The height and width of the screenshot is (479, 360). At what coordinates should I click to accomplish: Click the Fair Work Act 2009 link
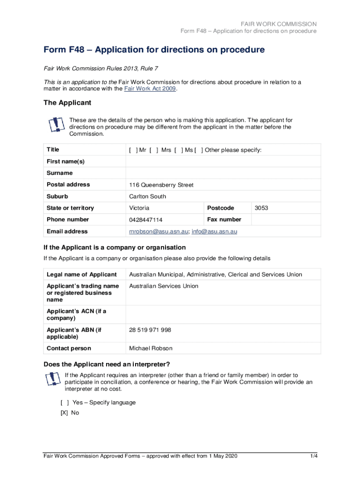click(x=150, y=89)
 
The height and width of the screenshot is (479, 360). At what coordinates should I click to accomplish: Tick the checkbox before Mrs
click(x=154, y=150)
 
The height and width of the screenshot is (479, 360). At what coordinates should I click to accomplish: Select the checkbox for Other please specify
click(x=199, y=150)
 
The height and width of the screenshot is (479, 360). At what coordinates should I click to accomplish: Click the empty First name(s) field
click(x=223, y=161)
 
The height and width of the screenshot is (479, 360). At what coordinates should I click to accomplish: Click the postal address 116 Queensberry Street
click(x=161, y=185)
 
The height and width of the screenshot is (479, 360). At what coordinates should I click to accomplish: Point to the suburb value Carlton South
click(x=147, y=196)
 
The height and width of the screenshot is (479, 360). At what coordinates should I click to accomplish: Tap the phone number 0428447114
click(x=145, y=220)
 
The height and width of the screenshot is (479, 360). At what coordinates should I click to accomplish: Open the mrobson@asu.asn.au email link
click(x=158, y=232)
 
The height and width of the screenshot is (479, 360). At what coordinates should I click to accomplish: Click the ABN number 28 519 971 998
click(x=150, y=330)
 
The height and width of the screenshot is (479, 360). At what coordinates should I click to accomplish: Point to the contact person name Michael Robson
click(x=151, y=348)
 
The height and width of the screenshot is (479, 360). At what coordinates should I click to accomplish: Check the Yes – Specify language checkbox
click(x=65, y=402)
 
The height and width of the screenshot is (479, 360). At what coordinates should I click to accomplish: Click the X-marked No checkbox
click(x=65, y=413)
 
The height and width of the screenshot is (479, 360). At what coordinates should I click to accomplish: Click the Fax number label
click(x=224, y=219)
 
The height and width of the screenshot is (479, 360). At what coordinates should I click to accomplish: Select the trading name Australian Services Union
click(x=164, y=286)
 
